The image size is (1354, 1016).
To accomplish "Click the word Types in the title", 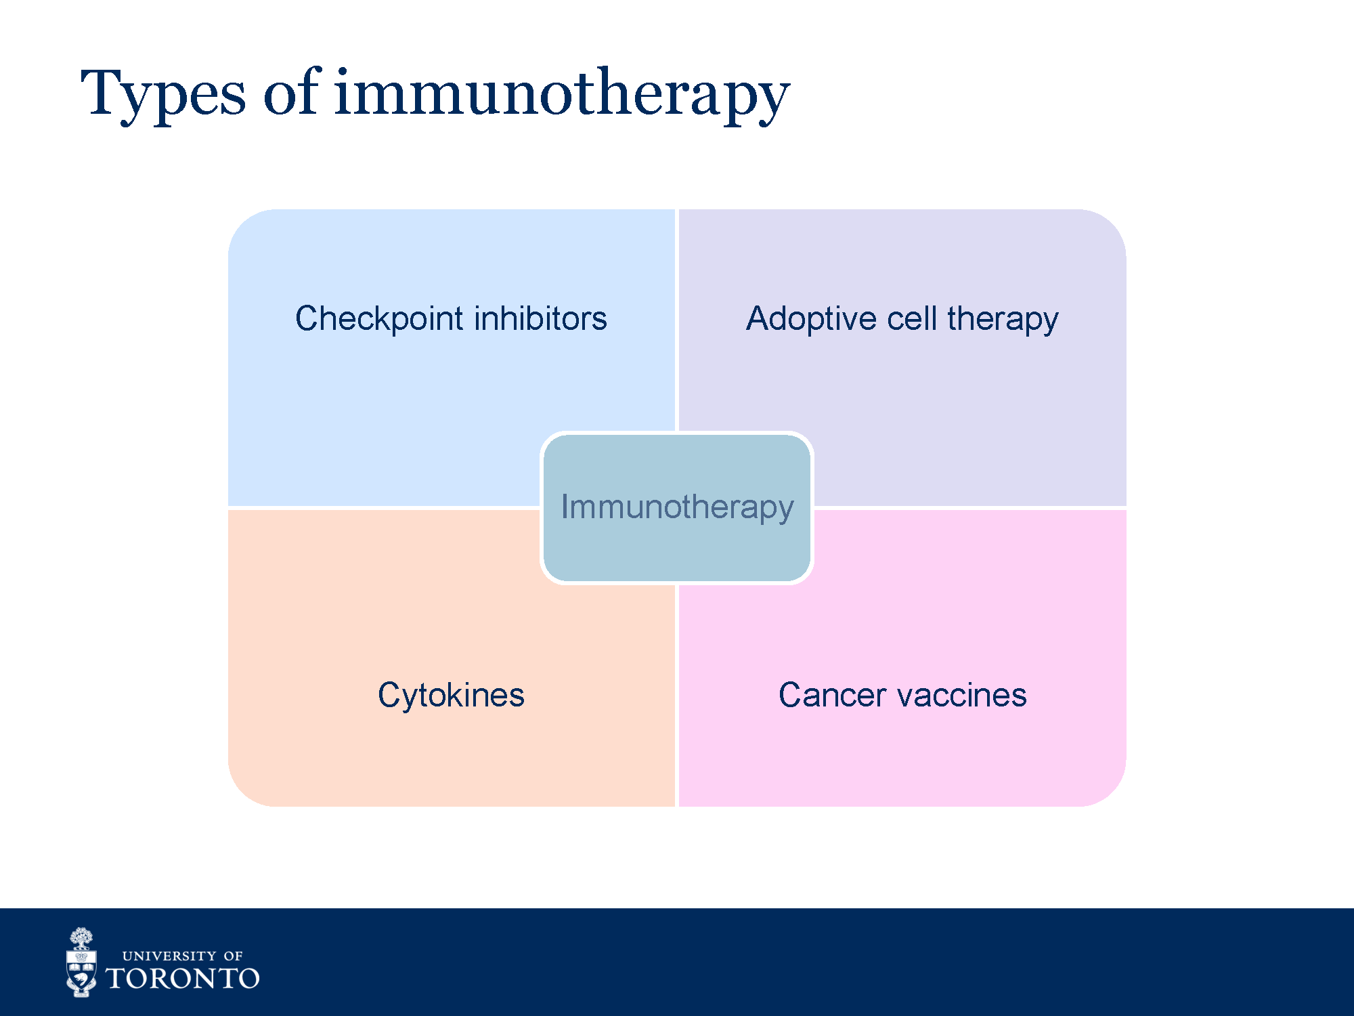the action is pyautogui.click(x=163, y=96).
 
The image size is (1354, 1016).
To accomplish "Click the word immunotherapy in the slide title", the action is pyautogui.click(x=562, y=96).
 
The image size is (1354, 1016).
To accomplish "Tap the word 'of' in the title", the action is pyautogui.click(x=292, y=91).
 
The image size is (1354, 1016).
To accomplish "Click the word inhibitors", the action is pyautogui.click(x=540, y=318).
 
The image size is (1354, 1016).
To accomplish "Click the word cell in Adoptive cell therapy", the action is pyautogui.click(x=912, y=318).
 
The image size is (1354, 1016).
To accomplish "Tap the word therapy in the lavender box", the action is pyautogui.click(x=1003, y=319).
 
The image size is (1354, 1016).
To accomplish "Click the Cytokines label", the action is pyautogui.click(x=451, y=696).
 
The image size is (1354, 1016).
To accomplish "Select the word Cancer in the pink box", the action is pyautogui.click(x=832, y=695).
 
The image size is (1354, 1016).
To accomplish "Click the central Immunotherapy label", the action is pyautogui.click(x=677, y=507).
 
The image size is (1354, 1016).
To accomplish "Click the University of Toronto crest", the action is pyautogui.click(x=81, y=962).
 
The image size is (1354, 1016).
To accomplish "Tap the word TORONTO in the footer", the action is pyautogui.click(x=183, y=979).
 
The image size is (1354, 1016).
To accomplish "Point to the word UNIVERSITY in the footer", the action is pyautogui.click(x=169, y=956).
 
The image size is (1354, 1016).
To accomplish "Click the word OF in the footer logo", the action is pyautogui.click(x=233, y=956).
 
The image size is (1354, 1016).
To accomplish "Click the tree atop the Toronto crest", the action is pyautogui.click(x=82, y=938).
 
